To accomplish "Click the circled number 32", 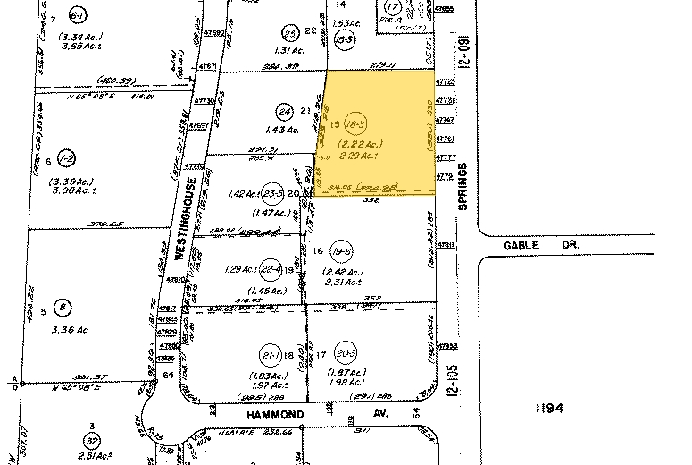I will tap(90, 441).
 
